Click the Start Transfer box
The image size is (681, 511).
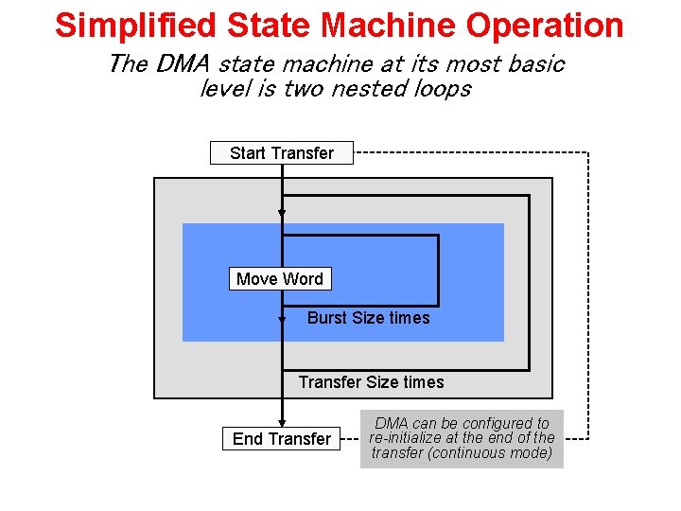point(281,153)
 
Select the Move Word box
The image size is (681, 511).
point(280,279)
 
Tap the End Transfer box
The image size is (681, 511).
point(281,439)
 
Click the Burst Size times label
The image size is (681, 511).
point(368,318)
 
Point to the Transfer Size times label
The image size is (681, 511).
point(371,382)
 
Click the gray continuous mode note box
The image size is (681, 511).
point(462,438)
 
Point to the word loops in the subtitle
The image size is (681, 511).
point(437,89)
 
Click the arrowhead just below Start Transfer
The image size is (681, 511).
point(281,214)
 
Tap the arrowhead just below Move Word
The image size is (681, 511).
point(281,321)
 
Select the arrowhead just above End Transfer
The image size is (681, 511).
point(281,423)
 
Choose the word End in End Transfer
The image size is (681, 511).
point(248,439)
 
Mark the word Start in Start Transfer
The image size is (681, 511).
point(247,153)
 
